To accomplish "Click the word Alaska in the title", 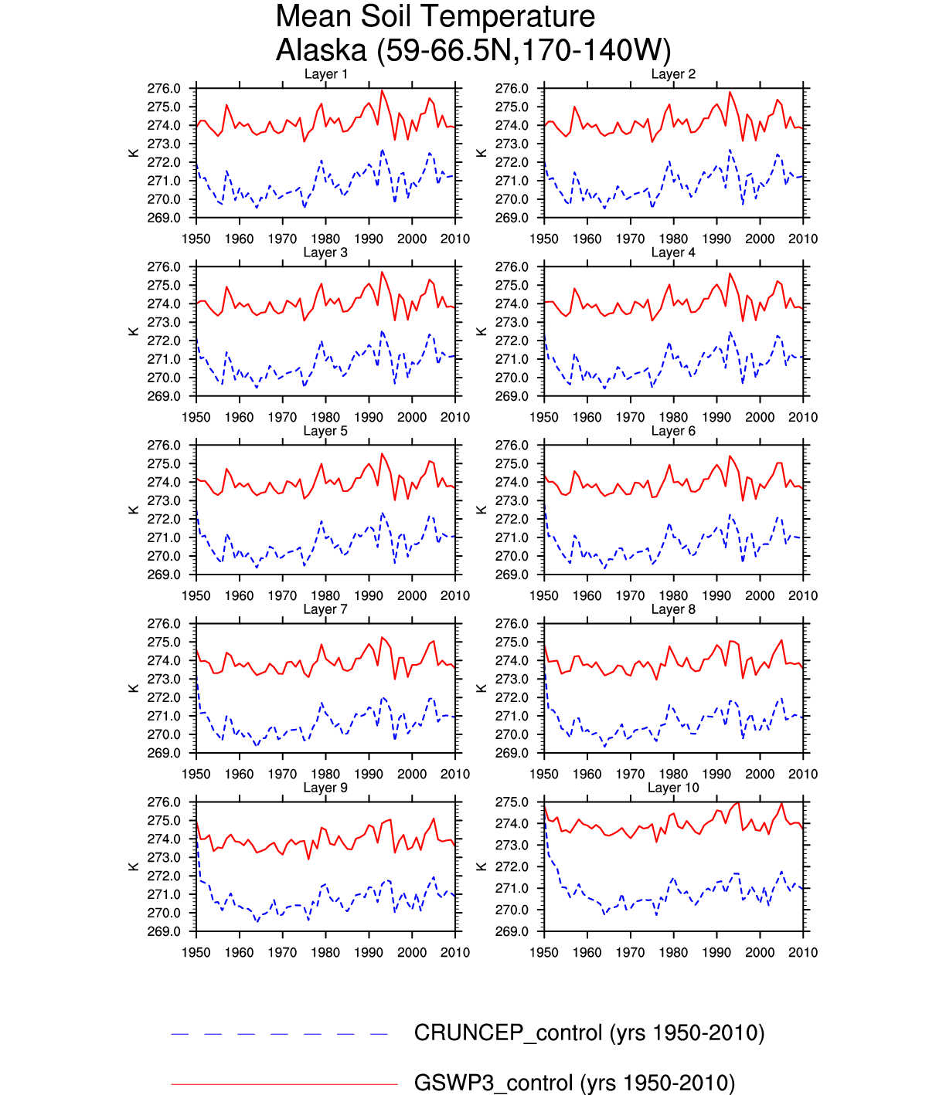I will (321, 50).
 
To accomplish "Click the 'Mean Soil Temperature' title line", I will (435, 16).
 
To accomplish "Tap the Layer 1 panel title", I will (325, 74).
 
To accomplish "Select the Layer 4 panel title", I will (673, 253).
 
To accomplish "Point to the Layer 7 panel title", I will (325, 609).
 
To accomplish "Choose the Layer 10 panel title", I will (673, 788).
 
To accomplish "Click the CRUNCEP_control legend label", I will (589, 1033).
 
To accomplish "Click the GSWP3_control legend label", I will (574, 1083).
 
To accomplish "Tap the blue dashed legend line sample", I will (280, 1034).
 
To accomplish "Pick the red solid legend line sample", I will (284, 1084).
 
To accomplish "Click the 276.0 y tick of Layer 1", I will (164, 89).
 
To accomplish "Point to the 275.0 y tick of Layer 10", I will (512, 802).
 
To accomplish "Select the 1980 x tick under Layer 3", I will (325, 418).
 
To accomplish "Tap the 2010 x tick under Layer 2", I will (803, 239).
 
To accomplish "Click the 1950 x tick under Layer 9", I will (196, 953).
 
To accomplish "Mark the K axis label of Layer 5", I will (134, 510).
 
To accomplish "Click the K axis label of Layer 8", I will (482, 688).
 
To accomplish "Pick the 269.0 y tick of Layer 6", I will (512, 575).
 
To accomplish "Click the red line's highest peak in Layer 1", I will (382, 91).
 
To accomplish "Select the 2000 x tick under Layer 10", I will (760, 953).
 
